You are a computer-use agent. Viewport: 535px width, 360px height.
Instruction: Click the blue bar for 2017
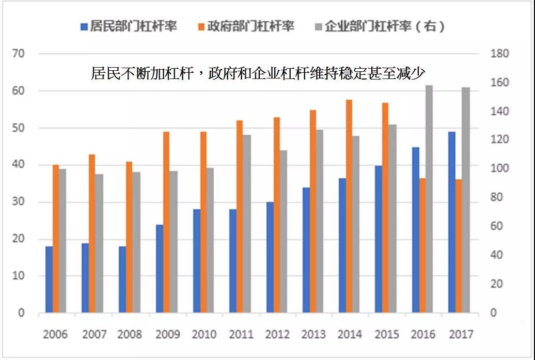click(x=452, y=222)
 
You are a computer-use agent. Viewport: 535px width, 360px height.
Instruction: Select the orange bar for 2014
click(x=349, y=206)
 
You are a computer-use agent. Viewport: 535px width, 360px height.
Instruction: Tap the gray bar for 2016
click(x=429, y=199)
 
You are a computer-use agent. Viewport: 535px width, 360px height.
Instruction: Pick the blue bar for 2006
click(x=49, y=279)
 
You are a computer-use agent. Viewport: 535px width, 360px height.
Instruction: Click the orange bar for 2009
click(x=166, y=222)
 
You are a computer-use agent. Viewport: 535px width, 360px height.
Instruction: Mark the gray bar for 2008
click(x=136, y=242)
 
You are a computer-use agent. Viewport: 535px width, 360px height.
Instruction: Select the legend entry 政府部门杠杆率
click(x=245, y=26)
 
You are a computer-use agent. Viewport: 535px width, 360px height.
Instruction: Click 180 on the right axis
click(x=499, y=54)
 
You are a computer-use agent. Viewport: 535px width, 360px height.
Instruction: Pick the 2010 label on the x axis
click(x=204, y=334)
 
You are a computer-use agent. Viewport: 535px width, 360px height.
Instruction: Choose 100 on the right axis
click(x=499, y=169)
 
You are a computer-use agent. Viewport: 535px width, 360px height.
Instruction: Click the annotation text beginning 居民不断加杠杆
click(x=258, y=72)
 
